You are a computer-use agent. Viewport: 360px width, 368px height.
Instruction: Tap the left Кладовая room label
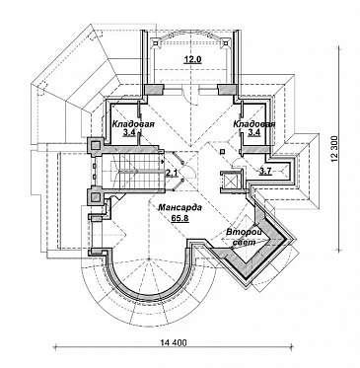[x=133, y=124]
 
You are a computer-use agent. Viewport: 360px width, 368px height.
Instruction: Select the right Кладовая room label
[x=254, y=124]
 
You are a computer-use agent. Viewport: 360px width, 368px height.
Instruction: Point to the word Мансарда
[x=180, y=208]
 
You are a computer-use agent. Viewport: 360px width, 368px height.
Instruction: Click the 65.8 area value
[x=180, y=217]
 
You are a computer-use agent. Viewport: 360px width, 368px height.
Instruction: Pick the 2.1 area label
[x=171, y=173]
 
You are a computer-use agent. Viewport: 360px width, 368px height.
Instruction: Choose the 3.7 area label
[x=265, y=172]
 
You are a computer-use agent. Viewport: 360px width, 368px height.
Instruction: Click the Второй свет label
[x=244, y=237]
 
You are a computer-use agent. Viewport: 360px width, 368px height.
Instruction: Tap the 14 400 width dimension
[x=174, y=343]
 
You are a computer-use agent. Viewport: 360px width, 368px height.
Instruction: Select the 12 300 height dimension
[x=335, y=149]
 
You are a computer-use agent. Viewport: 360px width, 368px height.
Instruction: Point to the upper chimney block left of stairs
[x=96, y=145]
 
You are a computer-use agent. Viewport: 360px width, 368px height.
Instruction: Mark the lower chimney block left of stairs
[x=96, y=196]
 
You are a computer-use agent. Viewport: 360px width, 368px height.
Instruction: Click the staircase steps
[x=137, y=171]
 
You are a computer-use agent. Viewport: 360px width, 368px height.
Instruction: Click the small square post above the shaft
[x=223, y=151]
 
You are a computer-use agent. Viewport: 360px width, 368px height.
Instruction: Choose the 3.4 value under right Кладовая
[x=253, y=133]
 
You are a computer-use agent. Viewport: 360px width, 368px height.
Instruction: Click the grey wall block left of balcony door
[x=155, y=89]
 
